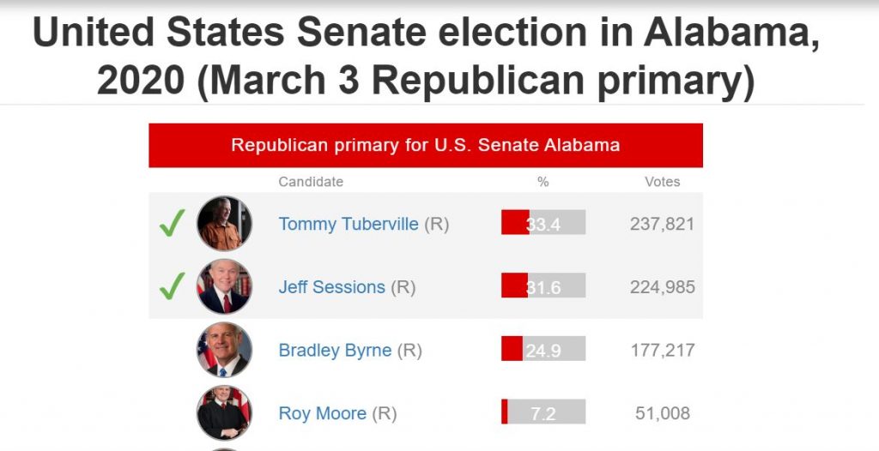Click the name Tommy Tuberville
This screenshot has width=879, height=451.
[349, 224]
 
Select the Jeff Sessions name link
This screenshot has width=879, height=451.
[331, 287]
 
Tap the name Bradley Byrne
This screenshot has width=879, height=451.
[335, 351]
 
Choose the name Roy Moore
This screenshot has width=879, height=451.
[322, 413]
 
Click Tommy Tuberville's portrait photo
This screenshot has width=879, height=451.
[224, 223]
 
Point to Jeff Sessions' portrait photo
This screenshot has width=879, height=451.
[224, 286]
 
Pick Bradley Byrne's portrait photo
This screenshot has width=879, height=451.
[224, 350]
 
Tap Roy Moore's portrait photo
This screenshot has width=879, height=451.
[224, 412]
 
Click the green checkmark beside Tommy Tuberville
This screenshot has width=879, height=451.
[172, 224]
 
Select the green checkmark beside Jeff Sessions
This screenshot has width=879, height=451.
[172, 286]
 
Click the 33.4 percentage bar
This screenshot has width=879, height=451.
[543, 223]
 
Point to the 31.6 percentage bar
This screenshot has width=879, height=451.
[543, 286]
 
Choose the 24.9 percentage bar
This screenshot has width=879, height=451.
[543, 350]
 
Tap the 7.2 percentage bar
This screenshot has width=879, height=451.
[543, 412]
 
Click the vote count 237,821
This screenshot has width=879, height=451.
[662, 224]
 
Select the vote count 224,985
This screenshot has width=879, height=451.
[662, 287]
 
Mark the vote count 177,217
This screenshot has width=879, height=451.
[662, 351]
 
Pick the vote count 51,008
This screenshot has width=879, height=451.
[662, 413]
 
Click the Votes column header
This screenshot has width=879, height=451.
[662, 182]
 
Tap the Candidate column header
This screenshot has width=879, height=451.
[311, 182]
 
